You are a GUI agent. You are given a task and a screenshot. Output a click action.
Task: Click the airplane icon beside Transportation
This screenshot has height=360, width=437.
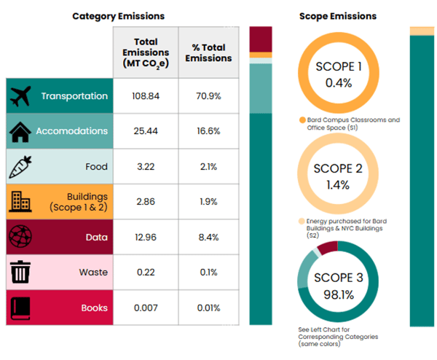coord(23,96)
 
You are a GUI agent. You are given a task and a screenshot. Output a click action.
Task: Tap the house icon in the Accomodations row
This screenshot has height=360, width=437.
coord(22,131)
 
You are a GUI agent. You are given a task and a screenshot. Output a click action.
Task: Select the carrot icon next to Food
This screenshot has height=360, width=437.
coord(20,166)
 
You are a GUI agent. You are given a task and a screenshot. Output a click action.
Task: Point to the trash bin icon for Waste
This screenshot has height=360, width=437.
coord(20,273)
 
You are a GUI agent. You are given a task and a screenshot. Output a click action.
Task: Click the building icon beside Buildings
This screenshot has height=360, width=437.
coord(20,201)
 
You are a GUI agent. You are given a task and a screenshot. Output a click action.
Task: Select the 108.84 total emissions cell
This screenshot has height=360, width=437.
coord(146,96)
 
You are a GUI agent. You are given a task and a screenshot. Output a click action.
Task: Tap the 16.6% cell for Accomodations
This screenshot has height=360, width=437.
coord(208,131)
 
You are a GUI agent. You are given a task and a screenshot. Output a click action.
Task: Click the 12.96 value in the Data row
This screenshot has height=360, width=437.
coord(146,237)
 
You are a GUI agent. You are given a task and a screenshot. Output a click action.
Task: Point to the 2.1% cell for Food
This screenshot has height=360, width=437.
coord(208,166)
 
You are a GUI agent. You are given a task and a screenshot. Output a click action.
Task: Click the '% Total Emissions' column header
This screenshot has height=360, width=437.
coord(208,52)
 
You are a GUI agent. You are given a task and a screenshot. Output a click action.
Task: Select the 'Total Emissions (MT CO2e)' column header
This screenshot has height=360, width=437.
coord(146,52)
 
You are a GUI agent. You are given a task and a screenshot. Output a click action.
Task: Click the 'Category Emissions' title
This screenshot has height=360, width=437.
coord(118,15)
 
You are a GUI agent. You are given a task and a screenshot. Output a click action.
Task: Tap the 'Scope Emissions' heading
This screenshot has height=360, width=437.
coord(338,15)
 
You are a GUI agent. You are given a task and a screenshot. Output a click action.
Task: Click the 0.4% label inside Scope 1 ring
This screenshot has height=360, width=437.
coord(339,82)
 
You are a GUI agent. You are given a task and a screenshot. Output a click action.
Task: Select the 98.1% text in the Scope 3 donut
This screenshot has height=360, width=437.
coord(339,294)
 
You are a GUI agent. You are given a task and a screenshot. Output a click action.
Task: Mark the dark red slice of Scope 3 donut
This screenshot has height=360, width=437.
coord(326,249)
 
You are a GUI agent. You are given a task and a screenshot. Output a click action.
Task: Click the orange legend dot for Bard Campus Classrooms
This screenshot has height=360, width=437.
coord(301,120)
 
